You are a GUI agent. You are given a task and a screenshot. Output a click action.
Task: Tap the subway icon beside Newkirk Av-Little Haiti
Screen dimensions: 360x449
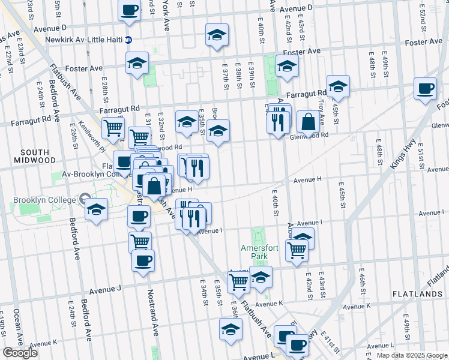pyautogui.click(x=128, y=40)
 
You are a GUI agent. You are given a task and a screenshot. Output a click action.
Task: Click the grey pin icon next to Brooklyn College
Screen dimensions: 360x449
pyautogui.click(x=85, y=200)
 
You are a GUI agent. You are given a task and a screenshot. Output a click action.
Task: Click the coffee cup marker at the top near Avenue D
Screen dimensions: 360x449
pyautogui.click(x=130, y=10)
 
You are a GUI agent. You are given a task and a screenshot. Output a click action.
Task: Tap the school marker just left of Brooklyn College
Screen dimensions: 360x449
pyautogui.click(x=95, y=210)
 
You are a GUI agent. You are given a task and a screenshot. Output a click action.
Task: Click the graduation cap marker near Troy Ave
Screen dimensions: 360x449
pyautogui.click(x=338, y=86)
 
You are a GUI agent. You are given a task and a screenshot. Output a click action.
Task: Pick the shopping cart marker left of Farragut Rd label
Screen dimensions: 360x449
pyautogui.click(x=113, y=127)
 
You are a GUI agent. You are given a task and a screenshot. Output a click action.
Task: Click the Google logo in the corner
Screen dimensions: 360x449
pyautogui.click(x=19, y=353)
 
